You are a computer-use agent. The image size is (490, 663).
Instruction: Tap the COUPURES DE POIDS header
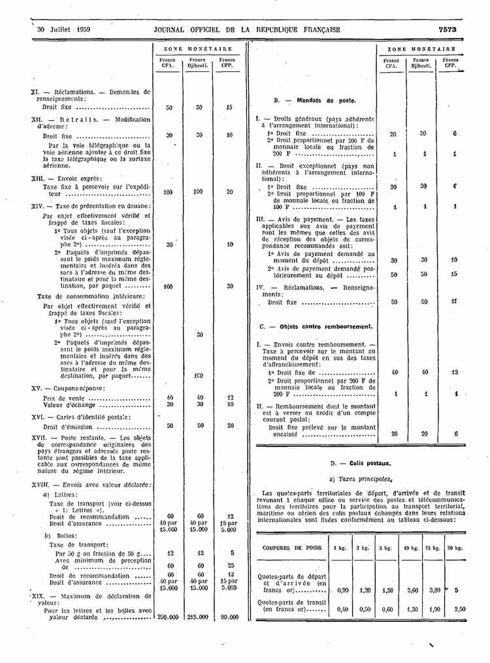click(x=287, y=547)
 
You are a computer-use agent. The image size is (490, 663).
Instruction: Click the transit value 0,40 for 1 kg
click(x=341, y=609)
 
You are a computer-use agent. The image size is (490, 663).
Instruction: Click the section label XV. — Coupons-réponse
click(x=68, y=388)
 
